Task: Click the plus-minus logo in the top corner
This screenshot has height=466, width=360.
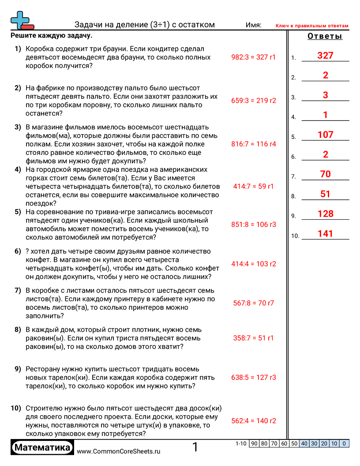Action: click(x=21, y=20)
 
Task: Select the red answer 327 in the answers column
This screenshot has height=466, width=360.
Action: click(x=325, y=56)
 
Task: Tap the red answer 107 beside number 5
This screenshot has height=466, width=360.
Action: click(x=325, y=135)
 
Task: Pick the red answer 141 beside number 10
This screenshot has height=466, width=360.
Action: click(x=325, y=234)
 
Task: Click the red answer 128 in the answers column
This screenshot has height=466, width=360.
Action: click(x=325, y=214)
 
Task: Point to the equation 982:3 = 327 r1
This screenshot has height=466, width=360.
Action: click(x=253, y=57)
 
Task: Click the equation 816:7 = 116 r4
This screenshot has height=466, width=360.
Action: click(x=253, y=144)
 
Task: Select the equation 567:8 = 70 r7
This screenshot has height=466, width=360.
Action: click(x=253, y=303)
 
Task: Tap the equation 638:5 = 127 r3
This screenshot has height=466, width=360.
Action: click(x=253, y=377)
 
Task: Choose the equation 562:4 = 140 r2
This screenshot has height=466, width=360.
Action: click(x=253, y=421)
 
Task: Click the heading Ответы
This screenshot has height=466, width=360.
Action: click(x=325, y=36)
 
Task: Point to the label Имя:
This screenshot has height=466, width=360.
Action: click(x=253, y=25)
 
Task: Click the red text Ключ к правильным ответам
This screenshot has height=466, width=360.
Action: click(x=312, y=26)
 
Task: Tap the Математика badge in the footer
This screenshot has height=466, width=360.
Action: click(x=42, y=448)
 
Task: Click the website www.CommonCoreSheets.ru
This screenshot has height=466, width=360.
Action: click(x=118, y=451)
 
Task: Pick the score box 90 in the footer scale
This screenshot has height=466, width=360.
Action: click(x=254, y=443)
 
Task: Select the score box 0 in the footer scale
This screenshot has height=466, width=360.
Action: click(x=344, y=443)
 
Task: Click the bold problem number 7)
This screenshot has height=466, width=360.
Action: click(x=18, y=290)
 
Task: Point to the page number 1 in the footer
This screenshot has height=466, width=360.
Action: click(x=195, y=447)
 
